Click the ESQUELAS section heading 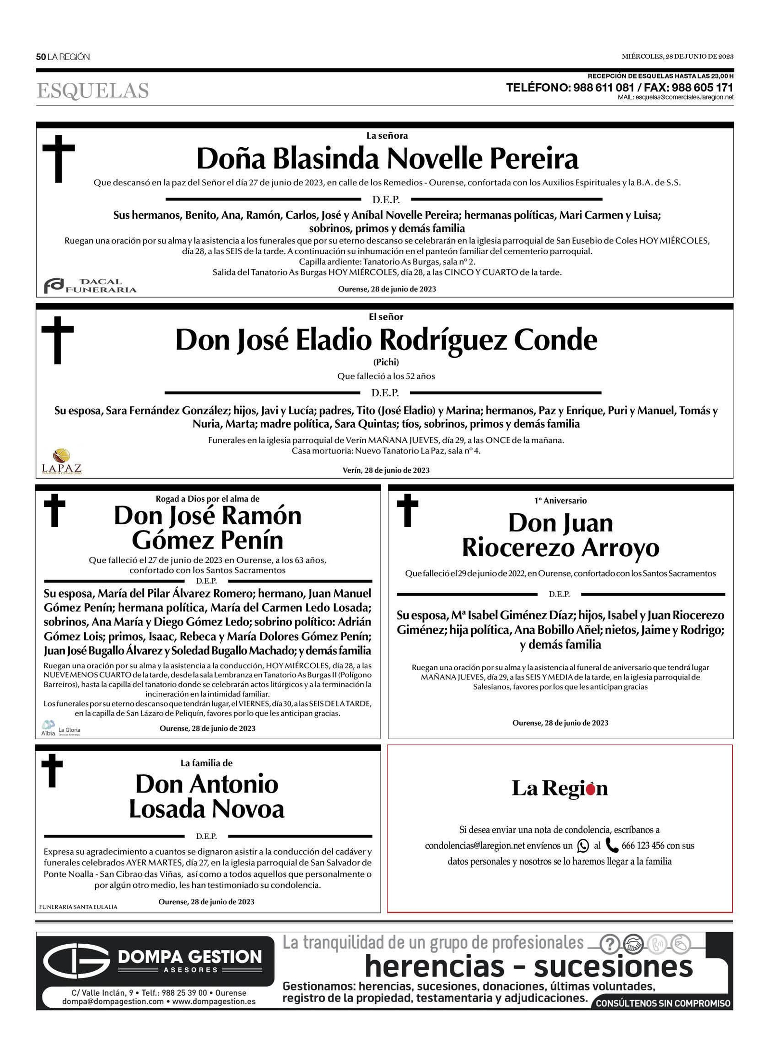point(93,91)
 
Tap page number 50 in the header point(41,57)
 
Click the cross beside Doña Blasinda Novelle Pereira point(59,158)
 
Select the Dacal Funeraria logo point(90,286)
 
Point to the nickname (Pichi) point(386,362)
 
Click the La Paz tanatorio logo point(62,462)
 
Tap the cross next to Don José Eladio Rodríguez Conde point(58,340)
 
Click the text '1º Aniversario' point(560,500)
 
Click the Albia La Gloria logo point(61,728)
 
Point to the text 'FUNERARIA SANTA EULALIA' point(78,907)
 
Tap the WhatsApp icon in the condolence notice point(583,846)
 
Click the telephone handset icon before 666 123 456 point(612,845)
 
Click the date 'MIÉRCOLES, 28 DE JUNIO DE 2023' point(677,56)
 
